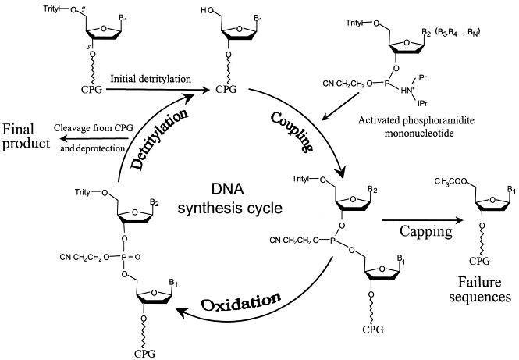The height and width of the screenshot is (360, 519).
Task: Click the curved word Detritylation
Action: coord(155,139)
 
